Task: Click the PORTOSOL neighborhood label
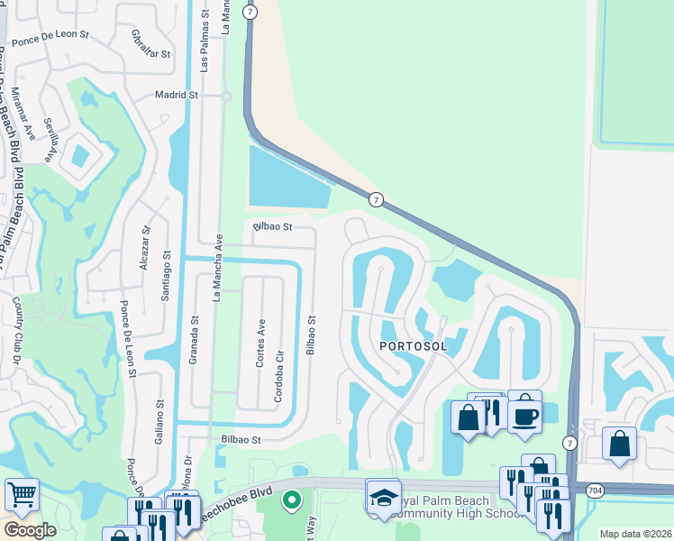413,346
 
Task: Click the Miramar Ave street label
30,119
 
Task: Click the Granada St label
194,338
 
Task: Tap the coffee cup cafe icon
524,414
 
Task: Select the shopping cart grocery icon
22,493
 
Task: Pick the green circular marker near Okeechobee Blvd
291,500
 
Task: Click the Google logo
30,530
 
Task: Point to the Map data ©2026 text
635,534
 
